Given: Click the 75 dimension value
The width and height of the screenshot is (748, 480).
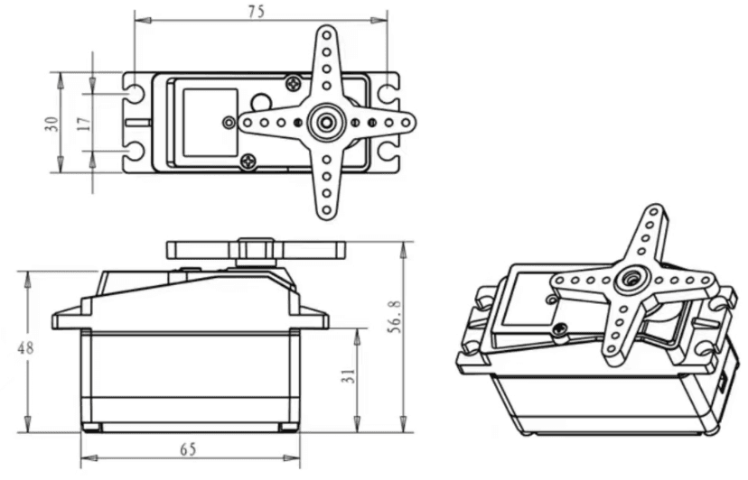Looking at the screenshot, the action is [256, 12].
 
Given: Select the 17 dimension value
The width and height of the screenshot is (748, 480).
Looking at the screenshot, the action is [84, 124].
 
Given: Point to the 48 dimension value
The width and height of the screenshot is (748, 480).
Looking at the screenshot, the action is [26, 348].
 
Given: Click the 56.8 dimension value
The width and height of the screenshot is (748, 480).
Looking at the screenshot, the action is [396, 317].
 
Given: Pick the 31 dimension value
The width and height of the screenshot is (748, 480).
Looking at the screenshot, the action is [350, 376].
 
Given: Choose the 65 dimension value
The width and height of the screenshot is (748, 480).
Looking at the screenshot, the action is [188, 449].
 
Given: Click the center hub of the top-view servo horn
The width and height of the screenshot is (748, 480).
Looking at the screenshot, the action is [327, 122].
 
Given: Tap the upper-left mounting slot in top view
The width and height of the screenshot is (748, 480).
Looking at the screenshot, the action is [134, 93].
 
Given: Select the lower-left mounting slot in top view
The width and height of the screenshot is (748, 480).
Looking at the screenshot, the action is [134, 152].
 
